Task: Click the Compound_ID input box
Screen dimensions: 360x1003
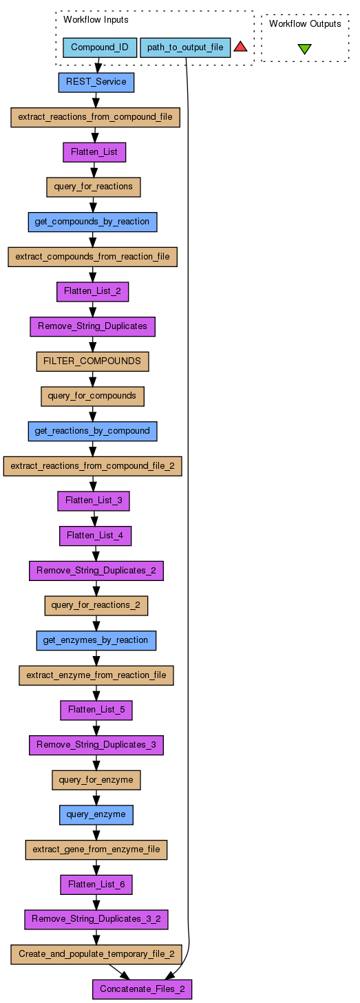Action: point(100,47)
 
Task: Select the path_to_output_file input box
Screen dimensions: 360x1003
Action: point(185,47)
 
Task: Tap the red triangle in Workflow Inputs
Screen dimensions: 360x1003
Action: point(240,46)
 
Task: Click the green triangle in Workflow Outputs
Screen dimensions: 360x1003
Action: point(304,49)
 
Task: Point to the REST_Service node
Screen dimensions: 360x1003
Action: point(96,83)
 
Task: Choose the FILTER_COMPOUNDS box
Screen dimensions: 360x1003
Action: point(92,361)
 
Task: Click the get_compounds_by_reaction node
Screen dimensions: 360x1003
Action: point(92,222)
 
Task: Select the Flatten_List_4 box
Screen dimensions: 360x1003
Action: point(95,536)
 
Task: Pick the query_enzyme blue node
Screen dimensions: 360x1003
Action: point(96,814)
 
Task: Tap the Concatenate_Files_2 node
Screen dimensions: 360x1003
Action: point(142,989)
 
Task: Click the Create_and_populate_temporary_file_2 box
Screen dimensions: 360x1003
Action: point(96,954)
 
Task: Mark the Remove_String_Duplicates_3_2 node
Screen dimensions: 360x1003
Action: point(96,919)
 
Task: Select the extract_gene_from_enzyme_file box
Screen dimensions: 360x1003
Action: point(96,849)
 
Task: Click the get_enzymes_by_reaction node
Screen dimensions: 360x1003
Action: point(96,640)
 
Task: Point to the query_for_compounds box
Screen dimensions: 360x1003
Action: point(92,397)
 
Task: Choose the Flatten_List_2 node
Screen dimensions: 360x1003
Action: point(92,291)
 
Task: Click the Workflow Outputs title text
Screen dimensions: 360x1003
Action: point(305,24)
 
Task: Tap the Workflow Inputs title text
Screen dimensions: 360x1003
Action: point(96,20)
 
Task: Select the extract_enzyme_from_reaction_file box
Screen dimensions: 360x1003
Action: point(96,675)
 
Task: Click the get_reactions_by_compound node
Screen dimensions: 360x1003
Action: point(92,431)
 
